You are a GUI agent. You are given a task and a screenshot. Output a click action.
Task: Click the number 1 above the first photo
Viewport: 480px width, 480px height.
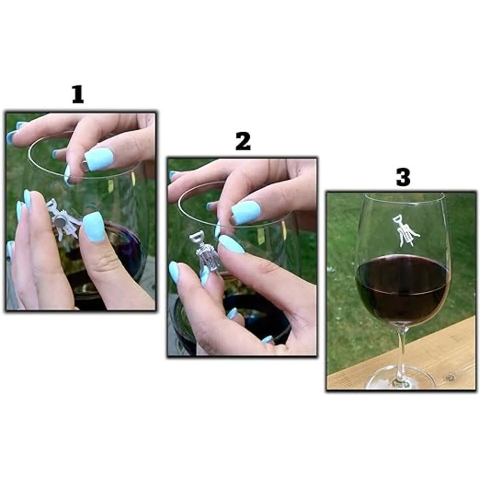[78, 95]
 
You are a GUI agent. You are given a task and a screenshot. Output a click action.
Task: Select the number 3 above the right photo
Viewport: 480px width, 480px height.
[403, 177]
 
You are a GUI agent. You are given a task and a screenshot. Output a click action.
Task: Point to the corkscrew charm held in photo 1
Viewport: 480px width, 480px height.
[63, 219]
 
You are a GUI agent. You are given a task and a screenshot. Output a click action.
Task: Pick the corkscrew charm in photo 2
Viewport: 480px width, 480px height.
[204, 252]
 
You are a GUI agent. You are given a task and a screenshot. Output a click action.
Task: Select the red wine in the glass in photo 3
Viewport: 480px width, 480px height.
[403, 289]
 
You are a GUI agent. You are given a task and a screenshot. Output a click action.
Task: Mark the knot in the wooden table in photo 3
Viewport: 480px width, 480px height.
[449, 378]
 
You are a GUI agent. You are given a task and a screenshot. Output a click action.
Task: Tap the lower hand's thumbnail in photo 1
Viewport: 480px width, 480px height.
[94, 226]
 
